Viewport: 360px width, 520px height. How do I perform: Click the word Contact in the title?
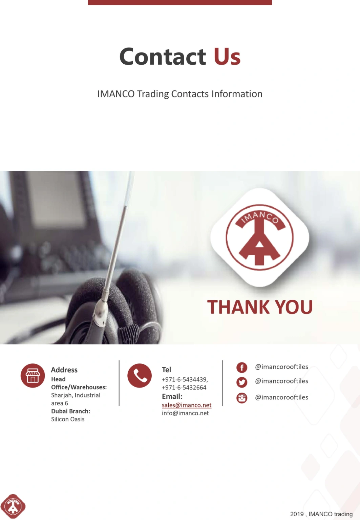point(163,56)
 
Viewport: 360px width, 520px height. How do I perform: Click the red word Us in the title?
point(227,56)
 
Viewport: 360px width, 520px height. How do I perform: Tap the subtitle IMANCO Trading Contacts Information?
point(180,94)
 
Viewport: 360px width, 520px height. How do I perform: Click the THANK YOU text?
point(260,307)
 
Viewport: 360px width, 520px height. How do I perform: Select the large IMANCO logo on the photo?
point(259,237)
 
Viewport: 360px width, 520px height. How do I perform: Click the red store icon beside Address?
point(33,376)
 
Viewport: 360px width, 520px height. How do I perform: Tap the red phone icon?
point(140,376)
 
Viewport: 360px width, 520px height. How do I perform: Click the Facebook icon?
point(241,368)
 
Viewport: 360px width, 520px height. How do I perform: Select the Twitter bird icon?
point(241,382)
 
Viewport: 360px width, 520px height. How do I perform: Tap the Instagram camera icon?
point(241,398)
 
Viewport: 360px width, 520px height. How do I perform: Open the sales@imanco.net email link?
point(187,405)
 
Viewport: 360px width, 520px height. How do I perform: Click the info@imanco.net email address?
point(185,413)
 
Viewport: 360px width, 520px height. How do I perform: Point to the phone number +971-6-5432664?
point(184,388)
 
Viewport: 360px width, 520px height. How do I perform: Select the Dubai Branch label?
point(70,411)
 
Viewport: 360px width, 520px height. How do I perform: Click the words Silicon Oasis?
point(68,419)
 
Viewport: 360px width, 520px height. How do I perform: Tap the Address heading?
point(64,370)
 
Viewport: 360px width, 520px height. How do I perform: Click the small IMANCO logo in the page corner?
point(13,506)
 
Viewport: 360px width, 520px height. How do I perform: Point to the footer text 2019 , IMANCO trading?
point(321,514)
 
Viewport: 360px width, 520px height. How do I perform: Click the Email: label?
point(172,396)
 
